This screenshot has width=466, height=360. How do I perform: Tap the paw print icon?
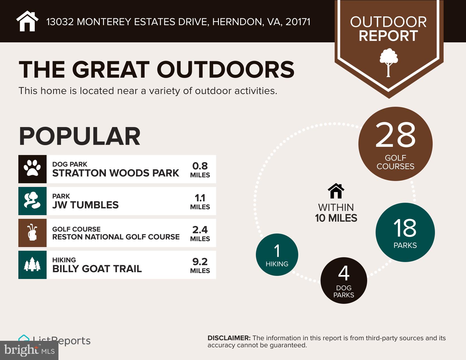[32, 169]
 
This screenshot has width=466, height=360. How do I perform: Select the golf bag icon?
[32, 233]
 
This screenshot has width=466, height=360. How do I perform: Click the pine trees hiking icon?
[32, 265]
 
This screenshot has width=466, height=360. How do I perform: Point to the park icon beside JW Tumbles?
[32, 201]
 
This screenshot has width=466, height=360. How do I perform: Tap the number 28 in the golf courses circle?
[395, 135]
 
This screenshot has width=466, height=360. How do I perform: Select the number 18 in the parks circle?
[405, 228]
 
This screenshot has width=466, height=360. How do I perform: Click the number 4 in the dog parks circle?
[344, 273]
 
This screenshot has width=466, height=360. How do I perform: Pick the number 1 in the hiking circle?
[277, 251]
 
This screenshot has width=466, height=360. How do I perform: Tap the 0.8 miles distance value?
[200, 166]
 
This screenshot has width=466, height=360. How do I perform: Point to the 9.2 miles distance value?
[200, 262]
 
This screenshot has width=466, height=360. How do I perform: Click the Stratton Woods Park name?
[116, 173]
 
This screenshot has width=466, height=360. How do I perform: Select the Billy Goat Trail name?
[97, 269]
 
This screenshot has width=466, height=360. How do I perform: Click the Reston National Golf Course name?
[116, 237]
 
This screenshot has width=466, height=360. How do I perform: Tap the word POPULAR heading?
[80, 136]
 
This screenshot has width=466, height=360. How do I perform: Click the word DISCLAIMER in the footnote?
[229, 338]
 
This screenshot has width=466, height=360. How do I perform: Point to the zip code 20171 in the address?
[298, 22]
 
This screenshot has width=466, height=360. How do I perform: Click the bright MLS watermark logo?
[29, 350]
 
